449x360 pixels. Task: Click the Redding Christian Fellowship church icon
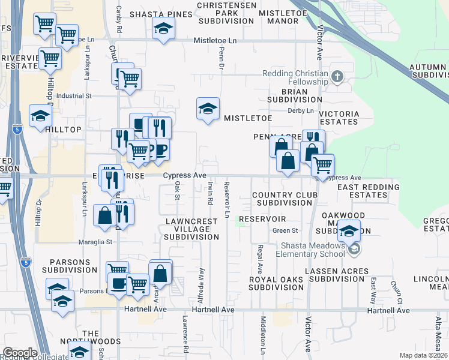coord(337,76)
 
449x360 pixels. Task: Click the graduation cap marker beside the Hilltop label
coord(40,116)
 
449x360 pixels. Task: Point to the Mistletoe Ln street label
coord(218,40)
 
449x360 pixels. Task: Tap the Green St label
coord(285,230)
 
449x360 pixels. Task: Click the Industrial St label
coord(73,95)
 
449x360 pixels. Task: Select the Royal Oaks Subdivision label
coord(277,283)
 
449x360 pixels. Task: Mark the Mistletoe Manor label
coord(279,16)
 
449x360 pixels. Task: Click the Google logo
coord(20,353)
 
